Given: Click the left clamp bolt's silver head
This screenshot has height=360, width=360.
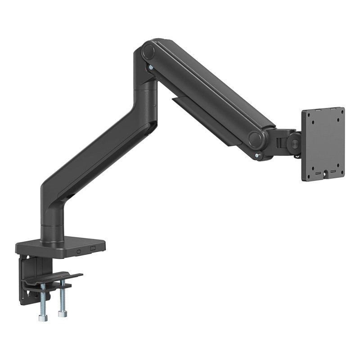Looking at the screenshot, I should coord(43,318).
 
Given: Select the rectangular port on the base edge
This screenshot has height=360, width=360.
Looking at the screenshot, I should coord(93,248).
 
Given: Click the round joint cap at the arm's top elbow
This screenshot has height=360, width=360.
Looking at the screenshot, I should coord(148,52).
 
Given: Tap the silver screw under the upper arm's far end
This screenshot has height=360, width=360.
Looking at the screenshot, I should coord(257,156).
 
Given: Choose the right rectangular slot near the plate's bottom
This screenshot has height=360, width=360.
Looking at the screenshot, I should coord(333,171).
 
